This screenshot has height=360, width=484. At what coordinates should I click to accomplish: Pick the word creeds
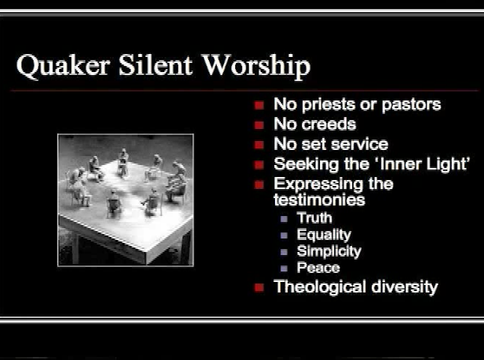[x=329, y=124]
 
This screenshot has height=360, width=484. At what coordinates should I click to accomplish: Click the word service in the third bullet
[x=359, y=144]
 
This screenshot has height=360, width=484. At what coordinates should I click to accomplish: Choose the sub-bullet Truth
[x=314, y=218]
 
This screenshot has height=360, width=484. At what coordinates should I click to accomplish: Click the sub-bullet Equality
[x=324, y=235]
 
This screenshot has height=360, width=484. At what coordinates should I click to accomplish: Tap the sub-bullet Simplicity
[x=329, y=251]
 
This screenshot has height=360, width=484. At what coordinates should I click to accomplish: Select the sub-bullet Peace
[x=318, y=268]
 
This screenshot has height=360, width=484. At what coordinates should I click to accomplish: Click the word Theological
[x=320, y=286]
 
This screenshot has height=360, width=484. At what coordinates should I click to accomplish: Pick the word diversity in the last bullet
[x=405, y=286]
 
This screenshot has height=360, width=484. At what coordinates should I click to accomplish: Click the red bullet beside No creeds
[x=259, y=125]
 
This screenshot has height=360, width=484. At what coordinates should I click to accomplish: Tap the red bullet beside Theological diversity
[x=259, y=287]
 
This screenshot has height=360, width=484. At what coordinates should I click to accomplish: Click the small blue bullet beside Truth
[x=284, y=219]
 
